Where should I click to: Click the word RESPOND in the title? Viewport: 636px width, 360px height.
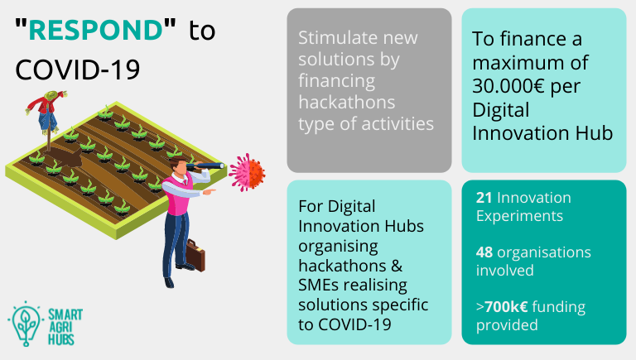pyautogui.click(x=96, y=30)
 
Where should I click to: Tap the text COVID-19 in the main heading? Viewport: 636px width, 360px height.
pyautogui.click(x=78, y=70)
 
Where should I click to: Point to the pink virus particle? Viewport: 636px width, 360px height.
pyautogui.click(x=247, y=172)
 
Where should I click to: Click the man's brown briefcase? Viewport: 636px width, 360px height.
pyautogui.click(x=195, y=256)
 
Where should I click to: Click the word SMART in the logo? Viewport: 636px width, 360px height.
pyautogui.click(x=65, y=314)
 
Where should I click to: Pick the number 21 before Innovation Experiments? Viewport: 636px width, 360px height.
pyautogui.click(x=484, y=198)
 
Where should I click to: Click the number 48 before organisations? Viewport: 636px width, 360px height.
pyautogui.click(x=484, y=252)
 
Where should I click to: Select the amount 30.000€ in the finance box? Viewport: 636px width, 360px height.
pyautogui.click(x=508, y=86)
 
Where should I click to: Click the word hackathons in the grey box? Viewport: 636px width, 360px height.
pyautogui.click(x=347, y=102)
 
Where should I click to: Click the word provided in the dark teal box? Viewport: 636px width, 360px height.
pyautogui.click(x=507, y=325)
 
